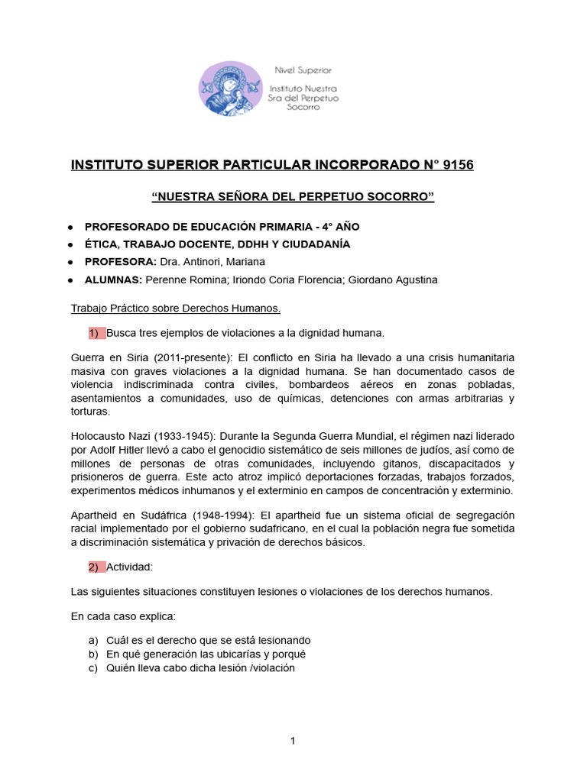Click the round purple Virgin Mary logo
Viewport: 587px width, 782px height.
(x=230, y=89)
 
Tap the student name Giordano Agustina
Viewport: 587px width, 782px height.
(x=392, y=280)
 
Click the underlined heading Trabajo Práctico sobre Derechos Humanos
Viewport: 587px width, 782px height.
(x=175, y=309)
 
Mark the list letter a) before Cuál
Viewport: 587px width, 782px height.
(x=94, y=640)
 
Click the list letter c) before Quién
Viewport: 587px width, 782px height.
(x=94, y=667)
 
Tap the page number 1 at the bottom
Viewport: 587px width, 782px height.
(x=293, y=741)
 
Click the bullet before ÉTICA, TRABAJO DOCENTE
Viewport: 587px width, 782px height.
(x=70, y=244)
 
